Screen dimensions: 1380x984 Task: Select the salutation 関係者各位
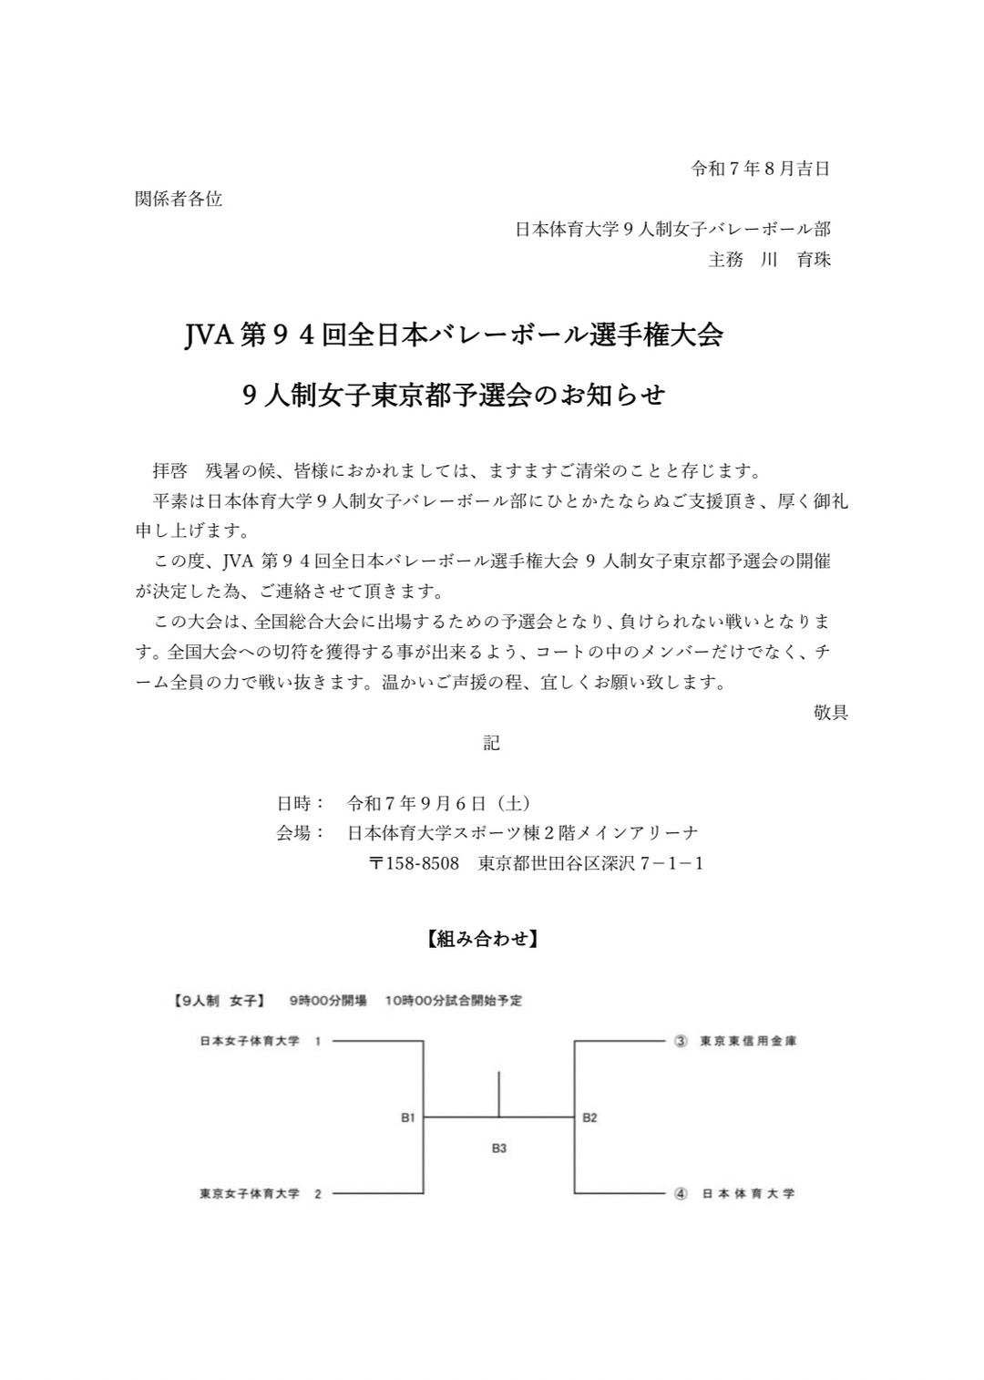tap(179, 199)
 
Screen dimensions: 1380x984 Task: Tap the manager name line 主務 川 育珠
tap(769, 259)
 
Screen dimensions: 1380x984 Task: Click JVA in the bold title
tap(209, 336)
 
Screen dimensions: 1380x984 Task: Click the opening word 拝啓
tap(169, 471)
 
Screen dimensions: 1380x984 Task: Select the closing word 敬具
tap(830, 712)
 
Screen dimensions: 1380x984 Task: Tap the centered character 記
tap(491, 743)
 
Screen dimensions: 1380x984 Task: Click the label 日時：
tap(301, 803)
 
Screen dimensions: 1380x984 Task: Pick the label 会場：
tap(301, 833)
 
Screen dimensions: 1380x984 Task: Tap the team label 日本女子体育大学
tap(250, 1041)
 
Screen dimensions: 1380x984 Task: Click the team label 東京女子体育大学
tap(250, 1193)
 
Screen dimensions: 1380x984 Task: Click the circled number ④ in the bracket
tap(680, 1193)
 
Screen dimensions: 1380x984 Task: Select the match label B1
tap(408, 1117)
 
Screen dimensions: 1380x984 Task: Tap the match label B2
tap(589, 1117)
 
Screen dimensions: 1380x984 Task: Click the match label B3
tap(498, 1148)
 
